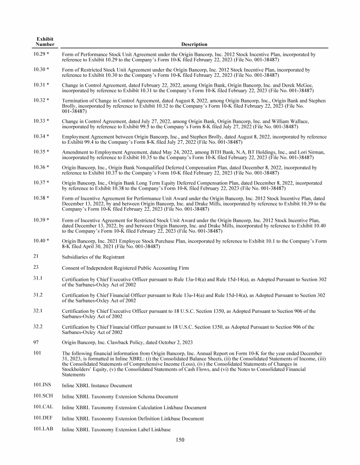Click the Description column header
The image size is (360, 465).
(x=195, y=44)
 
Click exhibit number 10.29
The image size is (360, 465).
(x=41, y=54)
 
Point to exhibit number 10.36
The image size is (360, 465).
(x=41, y=167)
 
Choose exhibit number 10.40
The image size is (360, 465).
(x=41, y=240)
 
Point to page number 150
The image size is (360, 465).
(x=180, y=439)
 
